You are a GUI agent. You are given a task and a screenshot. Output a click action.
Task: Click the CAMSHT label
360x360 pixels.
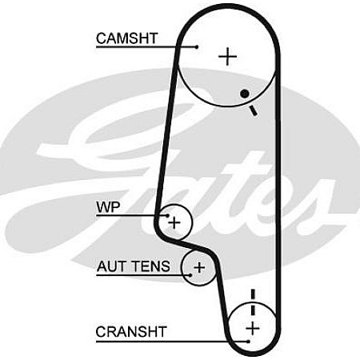click(x=127, y=38)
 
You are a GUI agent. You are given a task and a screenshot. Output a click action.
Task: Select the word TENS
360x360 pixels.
click(x=152, y=266)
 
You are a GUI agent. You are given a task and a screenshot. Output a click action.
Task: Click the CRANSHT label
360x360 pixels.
click(x=131, y=332)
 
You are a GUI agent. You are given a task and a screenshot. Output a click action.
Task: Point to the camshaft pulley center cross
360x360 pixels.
click(x=227, y=57)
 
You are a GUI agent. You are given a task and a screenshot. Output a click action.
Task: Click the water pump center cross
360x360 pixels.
click(x=174, y=222)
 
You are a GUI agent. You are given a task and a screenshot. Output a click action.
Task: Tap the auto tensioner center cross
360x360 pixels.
click(x=199, y=267)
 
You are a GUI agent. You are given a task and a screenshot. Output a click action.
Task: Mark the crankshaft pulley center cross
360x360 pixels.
click(x=253, y=328)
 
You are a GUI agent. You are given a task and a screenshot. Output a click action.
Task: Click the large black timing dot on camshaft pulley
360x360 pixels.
click(x=245, y=94)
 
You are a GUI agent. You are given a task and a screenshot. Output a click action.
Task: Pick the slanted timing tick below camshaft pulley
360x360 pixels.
click(x=254, y=110)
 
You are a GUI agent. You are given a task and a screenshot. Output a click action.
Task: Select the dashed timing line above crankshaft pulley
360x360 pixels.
click(x=253, y=304)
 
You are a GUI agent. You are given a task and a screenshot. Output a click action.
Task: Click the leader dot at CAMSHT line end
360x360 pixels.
click(x=197, y=47)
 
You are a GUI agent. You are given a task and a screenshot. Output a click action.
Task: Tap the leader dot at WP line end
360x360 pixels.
click(x=168, y=215)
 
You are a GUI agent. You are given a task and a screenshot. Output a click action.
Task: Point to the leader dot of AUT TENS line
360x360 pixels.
click(x=190, y=275)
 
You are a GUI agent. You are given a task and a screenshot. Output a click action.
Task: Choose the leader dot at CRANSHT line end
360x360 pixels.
click(x=248, y=342)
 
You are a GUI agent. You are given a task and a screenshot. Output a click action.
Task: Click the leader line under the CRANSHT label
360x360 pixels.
click(x=172, y=342)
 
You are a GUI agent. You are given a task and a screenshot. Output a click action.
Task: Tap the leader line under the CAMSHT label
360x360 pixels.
click(x=146, y=47)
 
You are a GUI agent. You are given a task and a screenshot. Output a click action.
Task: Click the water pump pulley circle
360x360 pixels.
click(x=192, y=222)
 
